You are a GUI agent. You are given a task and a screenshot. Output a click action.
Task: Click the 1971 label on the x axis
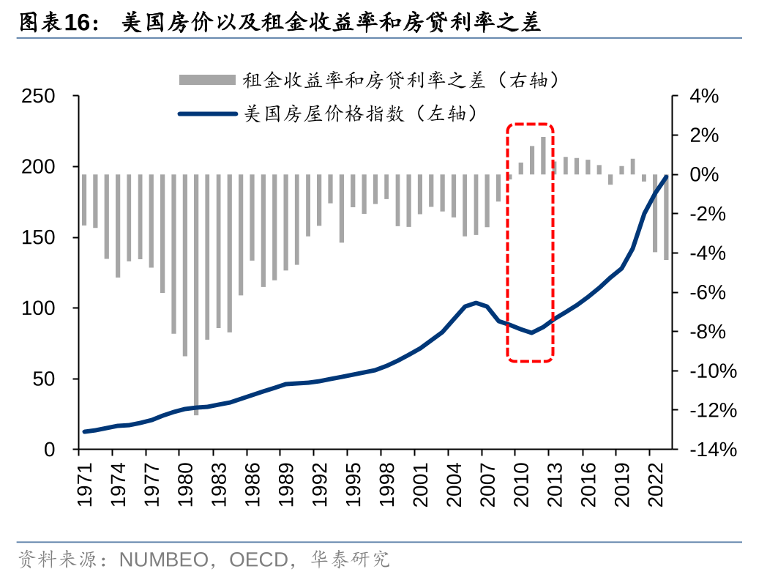coord(85,483)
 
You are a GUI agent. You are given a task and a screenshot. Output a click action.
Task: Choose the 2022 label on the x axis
coord(656,483)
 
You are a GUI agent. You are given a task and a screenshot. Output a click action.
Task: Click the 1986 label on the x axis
coord(253,483)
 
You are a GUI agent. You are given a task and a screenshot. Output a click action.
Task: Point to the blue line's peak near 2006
coord(476,302)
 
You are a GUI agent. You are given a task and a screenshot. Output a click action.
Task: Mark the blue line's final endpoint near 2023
coord(666,176)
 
